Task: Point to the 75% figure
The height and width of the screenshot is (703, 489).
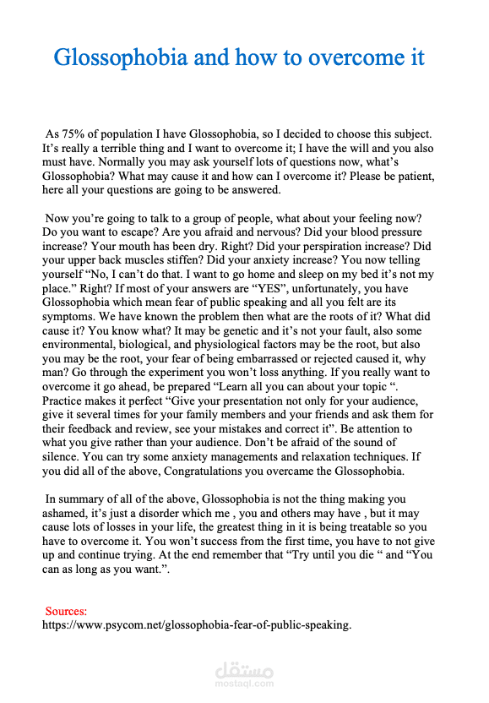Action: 73,134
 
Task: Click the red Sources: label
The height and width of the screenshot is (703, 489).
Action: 66,611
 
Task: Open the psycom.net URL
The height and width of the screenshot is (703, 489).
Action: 196,625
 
